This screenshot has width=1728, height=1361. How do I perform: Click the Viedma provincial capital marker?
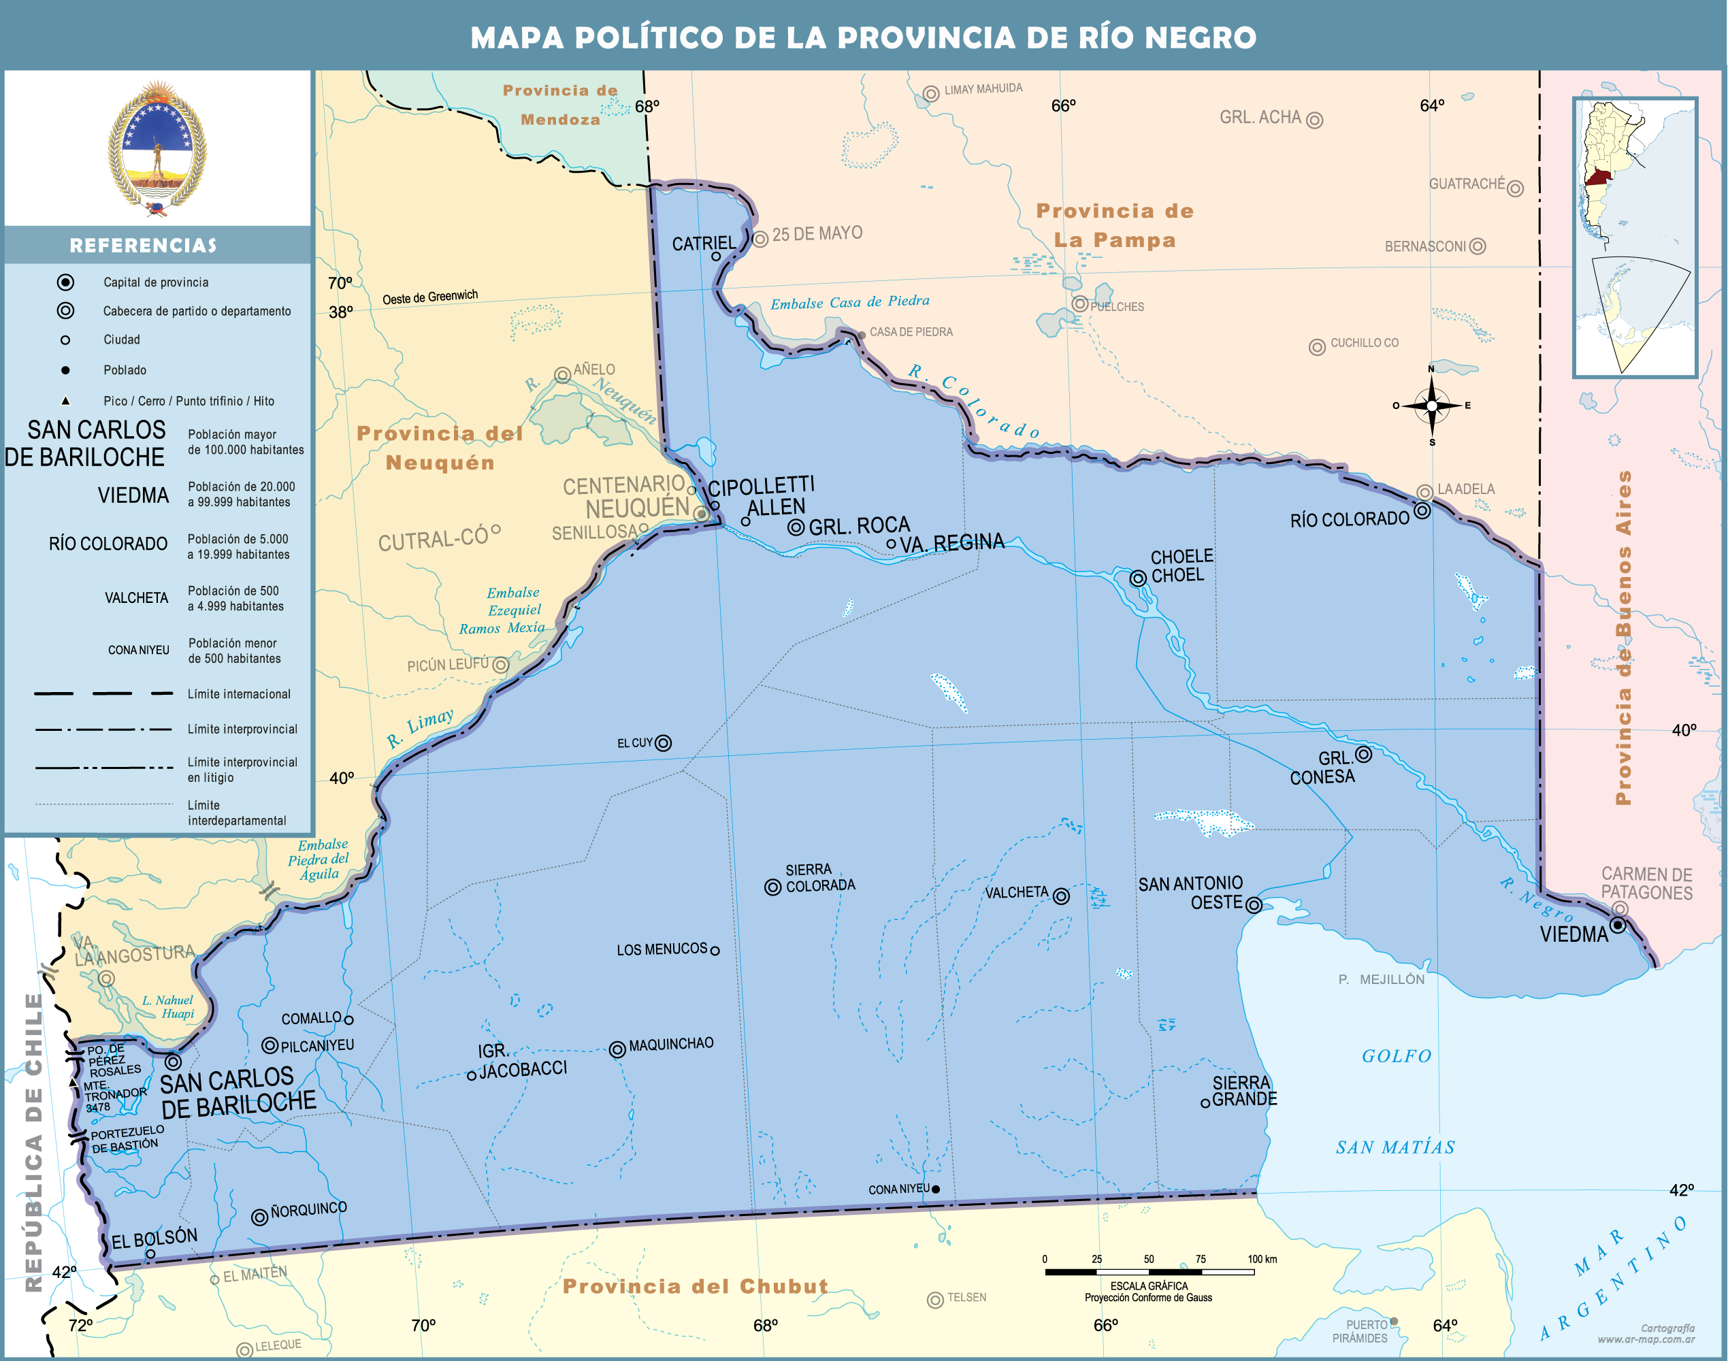[x=1617, y=925]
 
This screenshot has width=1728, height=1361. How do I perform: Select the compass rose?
[x=1431, y=406]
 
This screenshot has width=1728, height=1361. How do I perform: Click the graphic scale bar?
[x=1150, y=1272]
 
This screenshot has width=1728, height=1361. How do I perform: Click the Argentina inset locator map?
[x=1635, y=237]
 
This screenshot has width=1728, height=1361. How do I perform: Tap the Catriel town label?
[x=703, y=244]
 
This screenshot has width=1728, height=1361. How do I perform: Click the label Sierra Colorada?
[x=819, y=877]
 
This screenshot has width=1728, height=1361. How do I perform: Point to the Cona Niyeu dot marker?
[x=936, y=1189]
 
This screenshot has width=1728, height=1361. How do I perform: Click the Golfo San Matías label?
[x=1397, y=1101]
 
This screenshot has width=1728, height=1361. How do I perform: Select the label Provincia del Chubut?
[x=695, y=1287]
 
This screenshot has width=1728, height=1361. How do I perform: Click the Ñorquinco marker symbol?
[x=259, y=1217]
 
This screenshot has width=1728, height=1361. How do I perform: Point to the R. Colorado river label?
[x=974, y=401]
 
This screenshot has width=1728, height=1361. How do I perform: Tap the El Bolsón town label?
[x=154, y=1238]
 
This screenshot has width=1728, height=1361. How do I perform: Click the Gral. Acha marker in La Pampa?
[x=1314, y=120]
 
